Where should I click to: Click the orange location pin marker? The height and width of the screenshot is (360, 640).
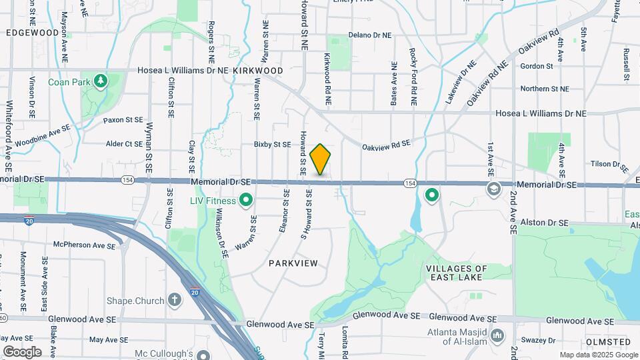click(x=321, y=159)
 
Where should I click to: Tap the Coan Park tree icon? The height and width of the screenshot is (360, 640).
click(x=101, y=81)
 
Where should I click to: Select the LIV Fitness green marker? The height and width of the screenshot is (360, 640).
click(x=245, y=199)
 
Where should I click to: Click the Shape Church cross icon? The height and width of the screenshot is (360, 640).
click(x=175, y=300)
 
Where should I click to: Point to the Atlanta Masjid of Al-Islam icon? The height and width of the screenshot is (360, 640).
click(x=497, y=334)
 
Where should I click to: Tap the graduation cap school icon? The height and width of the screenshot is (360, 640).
click(x=493, y=189)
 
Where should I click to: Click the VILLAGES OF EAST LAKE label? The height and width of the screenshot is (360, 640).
click(x=476, y=273)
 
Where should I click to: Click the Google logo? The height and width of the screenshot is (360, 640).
click(x=22, y=351)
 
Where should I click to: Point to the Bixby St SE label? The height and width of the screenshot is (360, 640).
click(x=272, y=144)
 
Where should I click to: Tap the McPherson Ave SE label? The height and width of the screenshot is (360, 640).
click(x=80, y=245)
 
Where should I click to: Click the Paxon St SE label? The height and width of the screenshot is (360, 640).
click(x=123, y=120)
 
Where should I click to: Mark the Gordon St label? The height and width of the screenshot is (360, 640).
click(x=537, y=66)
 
